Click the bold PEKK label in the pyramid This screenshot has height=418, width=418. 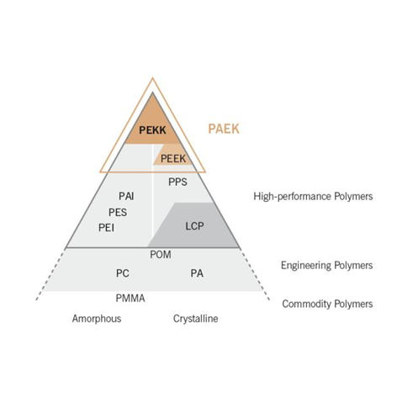tap(152, 130)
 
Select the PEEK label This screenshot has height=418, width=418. tap(173, 159)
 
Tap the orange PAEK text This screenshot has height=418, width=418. tap(224, 129)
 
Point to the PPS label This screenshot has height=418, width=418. tap(177, 182)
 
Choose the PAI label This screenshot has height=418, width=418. tap(126, 196)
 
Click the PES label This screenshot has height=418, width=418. tap(118, 212)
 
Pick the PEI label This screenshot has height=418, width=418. tap(106, 227)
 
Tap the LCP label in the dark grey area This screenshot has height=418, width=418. tap(194, 225)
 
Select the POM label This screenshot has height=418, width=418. tap(161, 255)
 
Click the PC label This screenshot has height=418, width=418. tap(123, 273)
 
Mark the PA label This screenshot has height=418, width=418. tap(197, 273)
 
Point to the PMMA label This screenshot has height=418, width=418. tap(130, 298)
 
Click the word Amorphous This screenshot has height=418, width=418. tap(97, 319)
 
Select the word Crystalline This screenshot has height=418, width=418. tap(195, 319)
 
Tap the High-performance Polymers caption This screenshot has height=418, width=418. tap(313, 196)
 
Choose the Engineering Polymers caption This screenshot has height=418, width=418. tap(327, 265)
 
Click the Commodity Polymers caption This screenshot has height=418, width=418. tap(327, 304)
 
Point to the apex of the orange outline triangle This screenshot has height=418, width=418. tap(152, 78)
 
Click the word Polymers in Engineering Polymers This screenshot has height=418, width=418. tap(353, 265)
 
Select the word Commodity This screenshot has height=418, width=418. tap(307, 304)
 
